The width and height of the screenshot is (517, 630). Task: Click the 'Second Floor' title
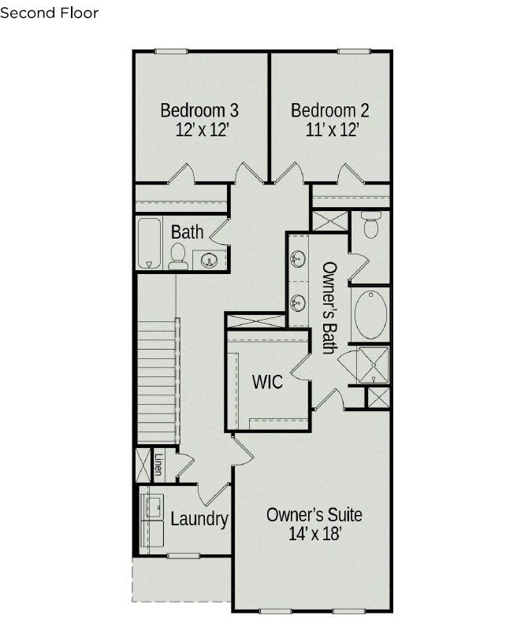pyautogui.click(x=49, y=13)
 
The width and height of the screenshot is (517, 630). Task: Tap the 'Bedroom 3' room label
pyautogui.click(x=199, y=110)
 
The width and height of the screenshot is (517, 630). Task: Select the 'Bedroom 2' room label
pyautogui.click(x=329, y=110)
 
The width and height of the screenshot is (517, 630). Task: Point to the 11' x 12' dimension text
pyautogui.click(x=332, y=130)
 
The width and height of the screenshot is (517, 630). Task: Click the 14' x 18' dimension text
pyautogui.click(x=314, y=534)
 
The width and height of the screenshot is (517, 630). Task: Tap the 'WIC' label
pyautogui.click(x=267, y=381)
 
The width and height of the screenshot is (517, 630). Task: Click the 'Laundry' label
pyautogui.click(x=199, y=519)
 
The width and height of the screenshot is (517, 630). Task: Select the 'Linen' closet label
pyautogui.click(x=159, y=465)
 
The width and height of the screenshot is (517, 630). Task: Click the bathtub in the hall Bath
pyautogui.click(x=150, y=243)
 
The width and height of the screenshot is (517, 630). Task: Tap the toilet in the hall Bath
pyautogui.click(x=177, y=257)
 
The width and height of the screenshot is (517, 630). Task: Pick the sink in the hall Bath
pyautogui.click(x=209, y=260)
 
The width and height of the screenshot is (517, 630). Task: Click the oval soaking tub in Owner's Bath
pyautogui.click(x=370, y=315)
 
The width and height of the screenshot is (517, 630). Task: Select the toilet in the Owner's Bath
pyautogui.click(x=370, y=224)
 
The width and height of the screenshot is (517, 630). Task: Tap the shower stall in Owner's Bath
pyautogui.click(x=374, y=365)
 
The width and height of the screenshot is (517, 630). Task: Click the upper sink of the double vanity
pyautogui.click(x=298, y=258)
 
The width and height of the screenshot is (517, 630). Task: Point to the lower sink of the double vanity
pyautogui.click(x=298, y=302)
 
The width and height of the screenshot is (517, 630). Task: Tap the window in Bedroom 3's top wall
pyautogui.click(x=171, y=51)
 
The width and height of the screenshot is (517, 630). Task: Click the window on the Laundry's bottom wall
pyautogui.click(x=184, y=556)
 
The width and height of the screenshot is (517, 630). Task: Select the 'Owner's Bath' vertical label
pyautogui.click(x=329, y=308)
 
